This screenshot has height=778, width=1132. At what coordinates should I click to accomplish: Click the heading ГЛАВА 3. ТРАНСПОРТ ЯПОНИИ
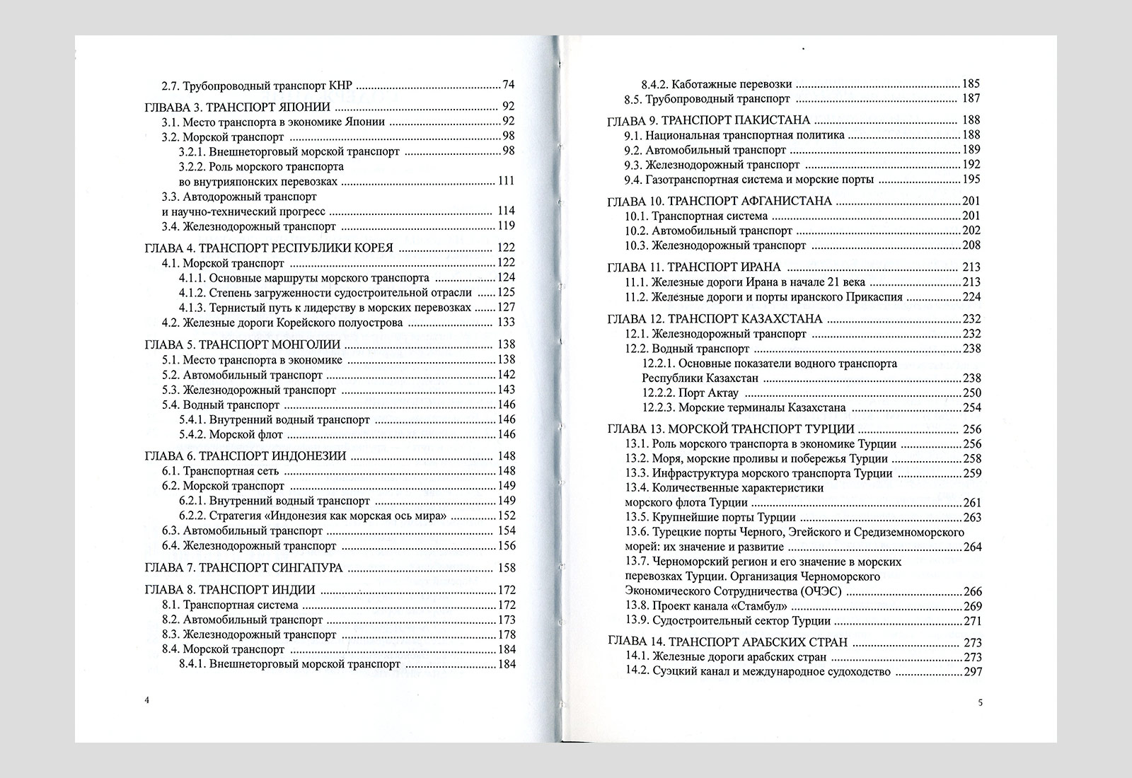(x=236, y=107)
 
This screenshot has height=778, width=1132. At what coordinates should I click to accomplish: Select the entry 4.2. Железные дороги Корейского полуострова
(x=292, y=323)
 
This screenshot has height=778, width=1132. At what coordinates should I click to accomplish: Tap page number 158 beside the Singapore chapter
(x=507, y=567)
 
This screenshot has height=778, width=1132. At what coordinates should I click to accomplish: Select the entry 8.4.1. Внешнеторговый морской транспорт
(x=289, y=664)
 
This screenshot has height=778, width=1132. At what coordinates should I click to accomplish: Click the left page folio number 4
(x=146, y=700)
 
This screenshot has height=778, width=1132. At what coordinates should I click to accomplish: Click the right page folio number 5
(x=981, y=702)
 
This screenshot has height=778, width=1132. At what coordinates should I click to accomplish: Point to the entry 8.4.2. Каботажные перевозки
(x=717, y=83)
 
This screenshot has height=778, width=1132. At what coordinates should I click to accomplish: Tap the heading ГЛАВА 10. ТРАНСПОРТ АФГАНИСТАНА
(x=720, y=201)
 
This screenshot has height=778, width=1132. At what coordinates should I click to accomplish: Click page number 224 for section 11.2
(x=972, y=297)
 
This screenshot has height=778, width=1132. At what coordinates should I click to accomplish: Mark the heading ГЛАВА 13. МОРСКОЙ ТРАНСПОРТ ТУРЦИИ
(x=731, y=429)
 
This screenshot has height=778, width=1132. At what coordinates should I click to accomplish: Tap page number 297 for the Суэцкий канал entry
(x=973, y=672)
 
